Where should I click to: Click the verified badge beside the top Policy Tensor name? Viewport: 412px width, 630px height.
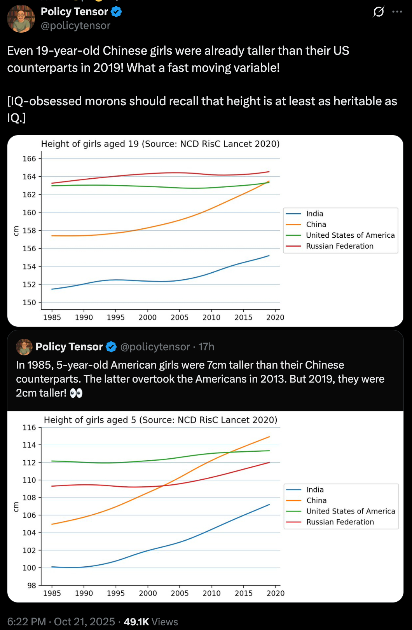click(116, 12)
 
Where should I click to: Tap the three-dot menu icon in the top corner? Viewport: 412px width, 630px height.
click(397, 12)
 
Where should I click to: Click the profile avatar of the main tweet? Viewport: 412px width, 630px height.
click(21, 19)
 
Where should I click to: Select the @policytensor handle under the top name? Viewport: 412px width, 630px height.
click(75, 26)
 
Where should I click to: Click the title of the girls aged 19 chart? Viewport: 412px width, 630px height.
click(160, 144)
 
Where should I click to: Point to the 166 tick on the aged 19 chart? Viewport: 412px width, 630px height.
click(29, 158)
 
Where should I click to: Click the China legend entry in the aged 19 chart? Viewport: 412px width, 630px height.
click(316, 225)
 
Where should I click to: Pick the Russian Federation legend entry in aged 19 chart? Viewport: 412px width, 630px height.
click(339, 246)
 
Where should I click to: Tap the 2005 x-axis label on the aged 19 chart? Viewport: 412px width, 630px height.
click(179, 317)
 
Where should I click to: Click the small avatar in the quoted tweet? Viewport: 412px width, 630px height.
click(24, 347)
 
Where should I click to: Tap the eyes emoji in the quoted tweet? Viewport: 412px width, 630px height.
click(76, 393)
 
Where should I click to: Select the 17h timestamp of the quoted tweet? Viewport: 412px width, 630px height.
click(206, 347)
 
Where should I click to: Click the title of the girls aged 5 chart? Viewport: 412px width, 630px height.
click(161, 420)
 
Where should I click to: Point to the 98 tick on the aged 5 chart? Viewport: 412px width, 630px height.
click(31, 585)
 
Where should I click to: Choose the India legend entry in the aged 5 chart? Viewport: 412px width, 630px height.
click(315, 490)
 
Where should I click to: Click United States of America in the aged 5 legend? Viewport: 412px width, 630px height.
click(351, 511)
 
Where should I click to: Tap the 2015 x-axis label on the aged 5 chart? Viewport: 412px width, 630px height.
click(243, 593)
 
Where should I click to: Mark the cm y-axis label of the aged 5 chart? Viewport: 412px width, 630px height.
click(16, 507)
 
